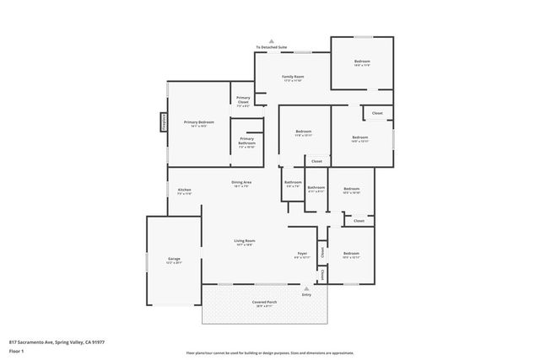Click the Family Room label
292,77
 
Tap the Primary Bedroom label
199,123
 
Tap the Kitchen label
184,191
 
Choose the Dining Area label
243,184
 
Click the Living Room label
245,242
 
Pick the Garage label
175,260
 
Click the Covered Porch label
264,302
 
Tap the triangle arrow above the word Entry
306,287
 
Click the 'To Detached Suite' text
272,47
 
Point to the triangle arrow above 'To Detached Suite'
272,40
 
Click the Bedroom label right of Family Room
362,62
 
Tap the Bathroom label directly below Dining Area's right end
293,183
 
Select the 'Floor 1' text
16,352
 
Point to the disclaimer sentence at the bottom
270,352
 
